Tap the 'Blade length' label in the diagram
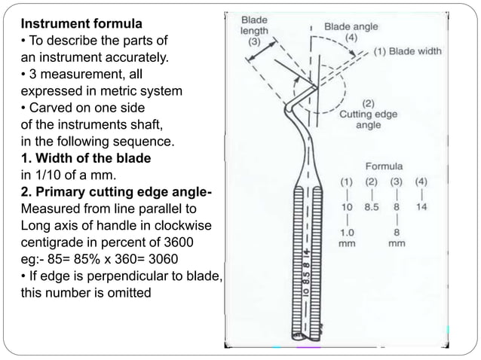[x=254, y=25]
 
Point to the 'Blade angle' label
[x=351, y=26]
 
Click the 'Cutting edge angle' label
[x=368, y=119]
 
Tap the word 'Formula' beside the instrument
[x=384, y=165]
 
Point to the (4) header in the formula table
[x=421, y=181]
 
